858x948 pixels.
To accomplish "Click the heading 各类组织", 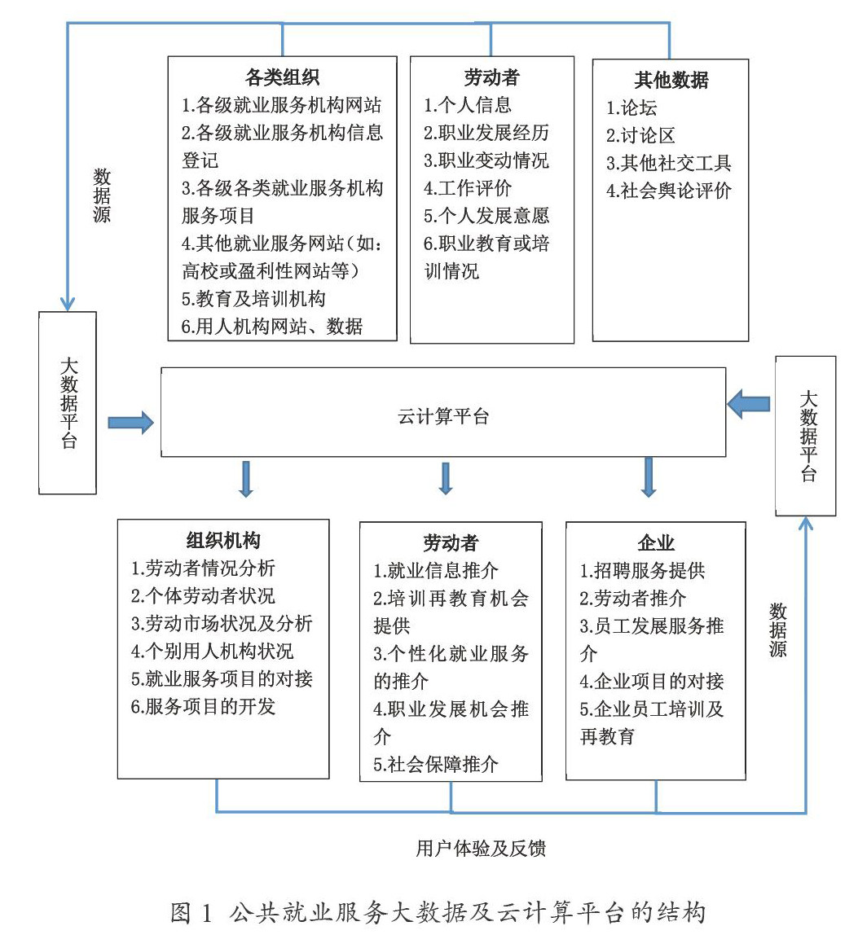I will pyautogui.click(x=282, y=78).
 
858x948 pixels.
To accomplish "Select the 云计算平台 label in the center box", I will pyautogui.click(x=443, y=417).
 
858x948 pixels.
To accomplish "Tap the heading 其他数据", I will pyautogui.click(x=671, y=80).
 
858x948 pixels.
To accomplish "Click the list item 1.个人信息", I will pyautogui.click(x=468, y=105).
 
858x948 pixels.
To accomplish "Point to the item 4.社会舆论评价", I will pyautogui.click(x=669, y=191).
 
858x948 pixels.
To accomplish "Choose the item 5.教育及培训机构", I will pyautogui.click(x=253, y=299).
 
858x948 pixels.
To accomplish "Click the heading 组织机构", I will pyautogui.click(x=223, y=541).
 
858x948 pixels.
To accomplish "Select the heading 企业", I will pyautogui.click(x=656, y=543).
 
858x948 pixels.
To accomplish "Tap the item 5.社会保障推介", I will pyautogui.click(x=436, y=764).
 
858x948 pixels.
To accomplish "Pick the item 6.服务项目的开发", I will pyautogui.click(x=203, y=706).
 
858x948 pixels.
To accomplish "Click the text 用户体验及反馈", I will pyautogui.click(x=481, y=848).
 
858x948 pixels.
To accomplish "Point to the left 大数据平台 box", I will pyautogui.click(x=68, y=402).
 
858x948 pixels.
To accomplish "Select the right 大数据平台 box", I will pyautogui.click(x=806, y=436).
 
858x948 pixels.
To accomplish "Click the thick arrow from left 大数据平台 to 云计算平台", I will pyautogui.click(x=130, y=422).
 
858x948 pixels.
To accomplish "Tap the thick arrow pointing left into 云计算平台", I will pyautogui.click(x=749, y=404).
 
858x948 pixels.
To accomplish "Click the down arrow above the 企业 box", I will pyautogui.click(x=649, y=477).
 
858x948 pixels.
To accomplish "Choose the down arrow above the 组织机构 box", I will pyautogui.click(x=246, y=479).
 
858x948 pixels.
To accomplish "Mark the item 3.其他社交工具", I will pyautogui.click(x=669, y=163).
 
